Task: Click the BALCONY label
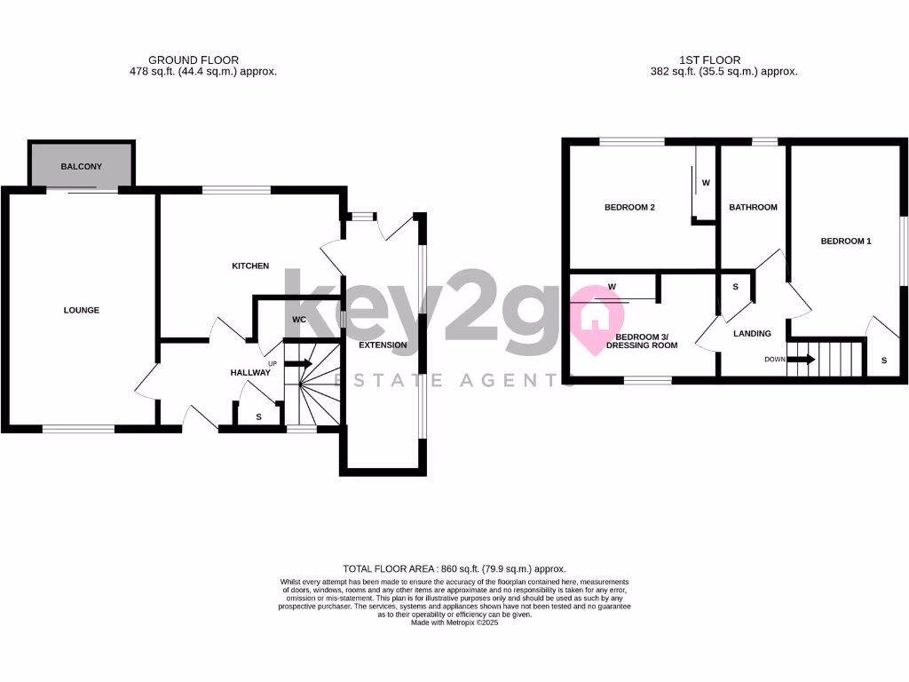82,167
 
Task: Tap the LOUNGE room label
82,310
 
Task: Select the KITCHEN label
250,266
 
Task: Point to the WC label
298,320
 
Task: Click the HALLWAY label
250,372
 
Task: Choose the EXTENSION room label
383,345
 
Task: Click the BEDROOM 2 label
629,208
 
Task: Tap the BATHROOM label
753,207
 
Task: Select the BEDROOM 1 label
846,241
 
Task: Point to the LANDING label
752,334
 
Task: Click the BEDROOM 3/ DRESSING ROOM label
647,341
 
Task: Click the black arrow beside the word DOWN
801,360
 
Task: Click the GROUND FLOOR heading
194,60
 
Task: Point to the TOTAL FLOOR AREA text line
454,568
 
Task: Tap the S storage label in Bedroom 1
884,360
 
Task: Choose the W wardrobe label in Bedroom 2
706,182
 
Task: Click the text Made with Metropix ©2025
454,623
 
